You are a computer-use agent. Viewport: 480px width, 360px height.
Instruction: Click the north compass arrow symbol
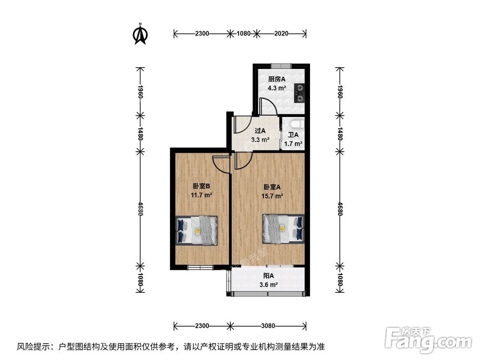(x=140, y=34)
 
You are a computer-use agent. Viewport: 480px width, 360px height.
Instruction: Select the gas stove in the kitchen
(x=300, y=93)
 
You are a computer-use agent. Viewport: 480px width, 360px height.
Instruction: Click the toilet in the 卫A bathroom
(x=293, y=123)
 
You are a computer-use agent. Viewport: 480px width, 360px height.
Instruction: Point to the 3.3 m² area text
(x=260, y=140)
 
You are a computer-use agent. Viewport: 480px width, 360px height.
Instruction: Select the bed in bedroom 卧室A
(x=283, y=227)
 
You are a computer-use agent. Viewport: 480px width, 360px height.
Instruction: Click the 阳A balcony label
(x=269, y=276)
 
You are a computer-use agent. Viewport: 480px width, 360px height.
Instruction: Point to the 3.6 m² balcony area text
(x=269, y=285)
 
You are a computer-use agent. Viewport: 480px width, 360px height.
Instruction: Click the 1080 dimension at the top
(x=244, y=34)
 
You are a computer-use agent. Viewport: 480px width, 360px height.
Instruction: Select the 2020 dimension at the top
(x=280, y=34)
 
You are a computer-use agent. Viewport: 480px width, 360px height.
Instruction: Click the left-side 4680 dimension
(x=140, y=208)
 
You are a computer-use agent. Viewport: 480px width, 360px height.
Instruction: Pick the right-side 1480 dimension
(x=340, y=133)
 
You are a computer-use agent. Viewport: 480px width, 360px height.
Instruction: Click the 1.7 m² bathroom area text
(x=293, y=144)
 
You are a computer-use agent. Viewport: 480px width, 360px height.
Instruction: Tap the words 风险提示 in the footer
(x=33, y=346)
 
